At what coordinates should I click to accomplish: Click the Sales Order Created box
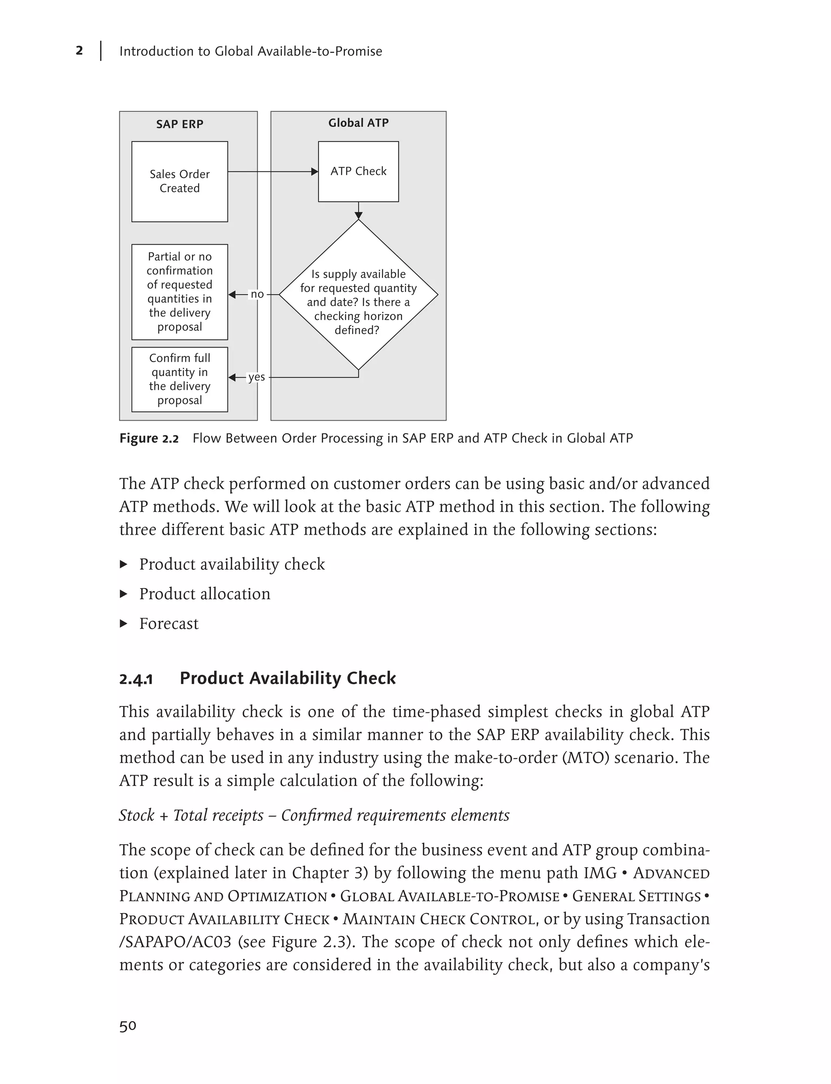click(180, 181)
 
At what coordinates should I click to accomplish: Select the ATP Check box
click(358, 171)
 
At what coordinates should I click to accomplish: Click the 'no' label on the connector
click(257, 294)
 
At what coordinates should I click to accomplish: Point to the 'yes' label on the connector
click(256, 377)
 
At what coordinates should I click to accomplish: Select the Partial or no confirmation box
click(180, 292)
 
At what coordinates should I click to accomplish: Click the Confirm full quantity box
click(180, 379)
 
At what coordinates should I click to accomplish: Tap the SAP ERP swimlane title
click(180, 124)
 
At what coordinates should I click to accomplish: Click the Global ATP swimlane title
click(358, 123)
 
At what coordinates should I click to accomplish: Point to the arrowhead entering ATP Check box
click(314, 172)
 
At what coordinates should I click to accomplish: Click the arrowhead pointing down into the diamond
click(358, 215)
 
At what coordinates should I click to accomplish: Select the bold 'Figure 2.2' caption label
click(149, 438)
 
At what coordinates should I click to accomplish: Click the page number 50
click(128, 1026)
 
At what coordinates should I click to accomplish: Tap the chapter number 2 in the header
click(79, 50)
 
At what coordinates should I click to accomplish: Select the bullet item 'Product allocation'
click(205, 594)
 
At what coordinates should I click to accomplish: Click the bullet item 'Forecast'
click(169, 623)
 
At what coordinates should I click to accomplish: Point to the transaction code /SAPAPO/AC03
click(175, 941)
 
